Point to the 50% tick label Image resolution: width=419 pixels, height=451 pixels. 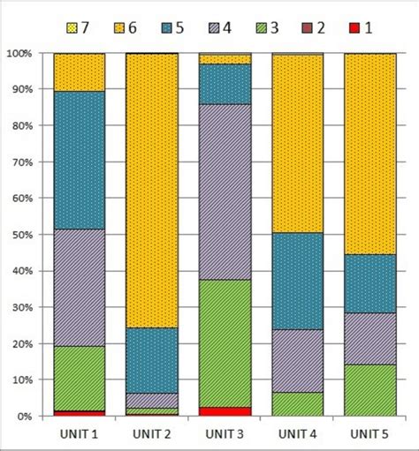(21, 235)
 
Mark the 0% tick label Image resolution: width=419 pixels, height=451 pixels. (24, 416)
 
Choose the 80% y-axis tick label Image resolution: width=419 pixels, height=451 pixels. (21, 126)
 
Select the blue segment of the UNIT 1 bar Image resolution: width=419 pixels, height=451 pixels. (79, 160)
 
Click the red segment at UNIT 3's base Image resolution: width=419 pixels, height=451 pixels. (225, 411)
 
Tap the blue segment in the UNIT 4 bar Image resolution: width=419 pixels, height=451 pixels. (297, 281)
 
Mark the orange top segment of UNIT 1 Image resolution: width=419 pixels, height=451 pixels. (79, 72)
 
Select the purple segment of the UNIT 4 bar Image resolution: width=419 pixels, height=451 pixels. (297, 361)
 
